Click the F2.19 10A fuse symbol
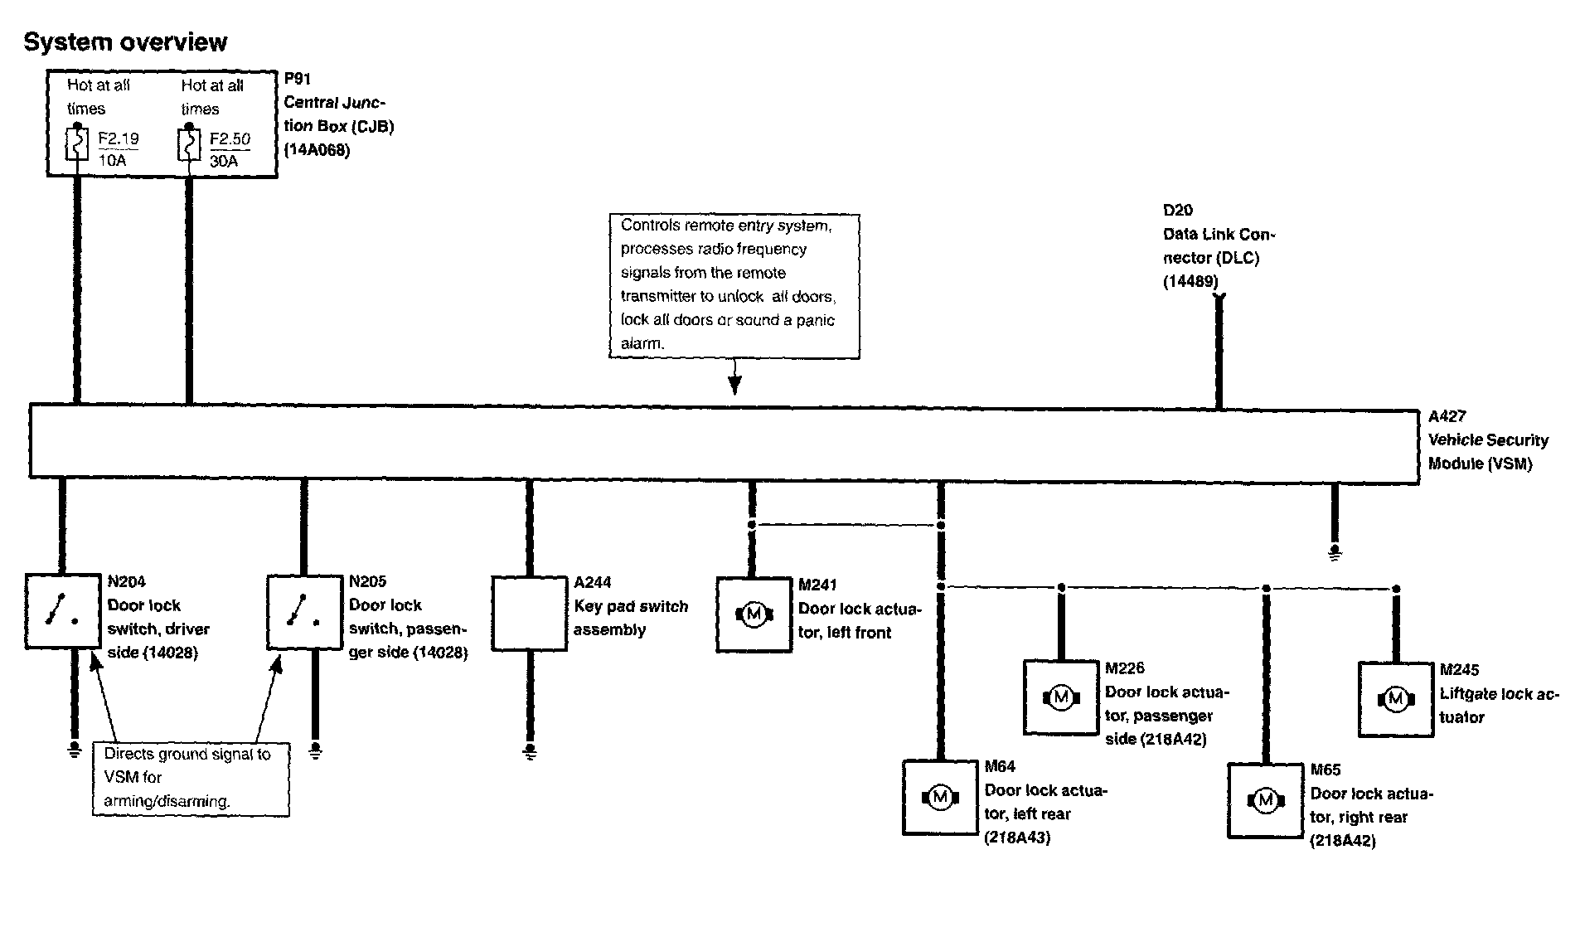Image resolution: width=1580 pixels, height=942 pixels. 77,143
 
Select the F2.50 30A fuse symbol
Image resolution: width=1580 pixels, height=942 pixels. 189,143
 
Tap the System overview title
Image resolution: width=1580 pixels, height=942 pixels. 125,42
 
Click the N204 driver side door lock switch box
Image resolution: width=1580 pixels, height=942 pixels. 63,611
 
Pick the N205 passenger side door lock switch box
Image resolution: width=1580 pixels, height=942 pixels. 304,611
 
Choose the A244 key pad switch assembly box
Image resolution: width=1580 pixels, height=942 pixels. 529,614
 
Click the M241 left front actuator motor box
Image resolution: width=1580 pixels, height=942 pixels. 754,614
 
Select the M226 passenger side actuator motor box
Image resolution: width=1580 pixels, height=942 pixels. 1061,697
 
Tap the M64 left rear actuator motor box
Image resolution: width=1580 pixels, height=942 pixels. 940,798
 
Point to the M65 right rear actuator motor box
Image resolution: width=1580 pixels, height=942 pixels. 1265,800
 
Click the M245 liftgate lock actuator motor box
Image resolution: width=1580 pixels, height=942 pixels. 1396,699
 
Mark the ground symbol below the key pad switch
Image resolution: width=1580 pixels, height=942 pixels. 530,752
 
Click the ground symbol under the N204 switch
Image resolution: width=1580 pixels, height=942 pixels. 75,750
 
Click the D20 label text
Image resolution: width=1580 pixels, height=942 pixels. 1178,211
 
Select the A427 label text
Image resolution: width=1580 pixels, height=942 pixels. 1447,417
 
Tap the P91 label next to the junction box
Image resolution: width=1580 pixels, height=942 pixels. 297,80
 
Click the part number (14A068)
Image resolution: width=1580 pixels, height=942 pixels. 317,151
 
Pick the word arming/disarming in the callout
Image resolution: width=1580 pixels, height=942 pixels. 166,802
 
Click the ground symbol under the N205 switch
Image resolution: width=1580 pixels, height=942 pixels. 315,750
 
